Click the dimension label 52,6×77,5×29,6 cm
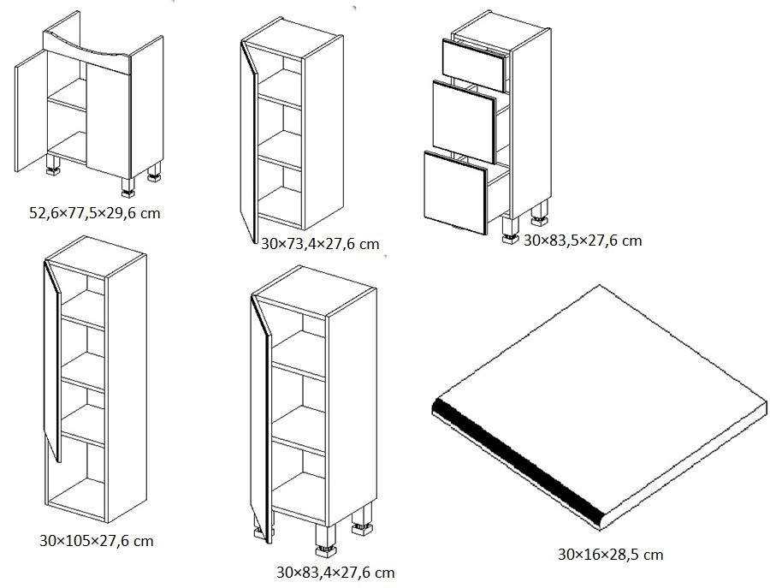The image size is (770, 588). [95, 213]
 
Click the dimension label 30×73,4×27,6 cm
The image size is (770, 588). [320, 244]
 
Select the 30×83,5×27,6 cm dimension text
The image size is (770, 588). [583, 241]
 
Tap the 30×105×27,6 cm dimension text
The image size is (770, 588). [96, 541]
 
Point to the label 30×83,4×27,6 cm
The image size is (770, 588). [335, 573]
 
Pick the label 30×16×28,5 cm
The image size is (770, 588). [610, 555]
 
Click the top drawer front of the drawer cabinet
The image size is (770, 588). [474, 65]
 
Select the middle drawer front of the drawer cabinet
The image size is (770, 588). [464, 122]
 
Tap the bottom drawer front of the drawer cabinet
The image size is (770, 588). [456, 193]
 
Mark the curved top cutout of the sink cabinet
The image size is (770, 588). [88, 45]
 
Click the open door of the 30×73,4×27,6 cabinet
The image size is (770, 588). [248, 141]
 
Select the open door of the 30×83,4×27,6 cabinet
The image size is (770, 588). [260, 419]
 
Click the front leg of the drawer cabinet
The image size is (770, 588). [510, 230]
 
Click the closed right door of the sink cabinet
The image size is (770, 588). [109, 121]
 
